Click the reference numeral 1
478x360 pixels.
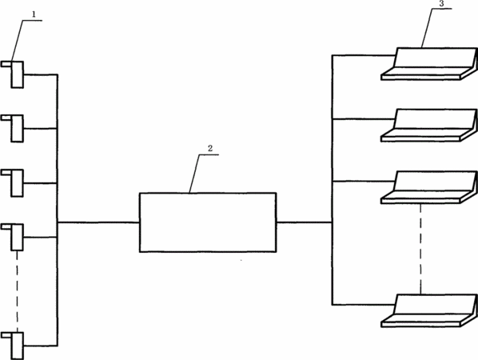[34, 14]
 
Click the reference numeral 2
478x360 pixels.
[210, 149]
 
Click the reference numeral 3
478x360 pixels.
[442, 4]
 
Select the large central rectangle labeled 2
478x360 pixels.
[208, 222]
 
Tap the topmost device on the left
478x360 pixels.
[13, 74]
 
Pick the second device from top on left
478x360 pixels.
[13, 129]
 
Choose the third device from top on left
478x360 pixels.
[13, 183]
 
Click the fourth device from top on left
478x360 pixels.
[13, 237]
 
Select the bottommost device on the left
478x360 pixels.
[13, 346]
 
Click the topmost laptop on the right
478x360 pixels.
[429, 64]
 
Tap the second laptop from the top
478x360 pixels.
[429, 125]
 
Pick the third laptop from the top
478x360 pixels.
[429, 187]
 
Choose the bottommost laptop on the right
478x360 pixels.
[429, 310]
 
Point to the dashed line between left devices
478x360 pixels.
[17, 291]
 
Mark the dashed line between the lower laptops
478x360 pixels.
[420, 249]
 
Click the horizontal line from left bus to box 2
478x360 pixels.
[98, 222]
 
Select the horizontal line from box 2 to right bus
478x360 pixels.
[305, 222]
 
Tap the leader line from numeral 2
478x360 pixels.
[195, 174]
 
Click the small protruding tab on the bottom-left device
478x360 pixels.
[6, 335]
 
